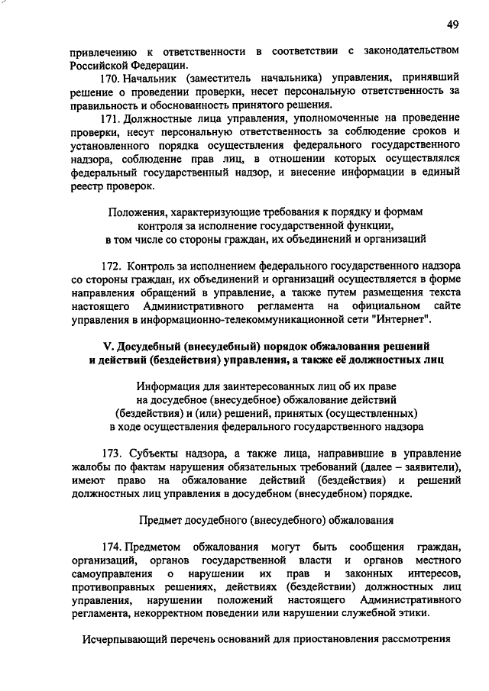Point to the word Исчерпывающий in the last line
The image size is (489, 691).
coord(121,640)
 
